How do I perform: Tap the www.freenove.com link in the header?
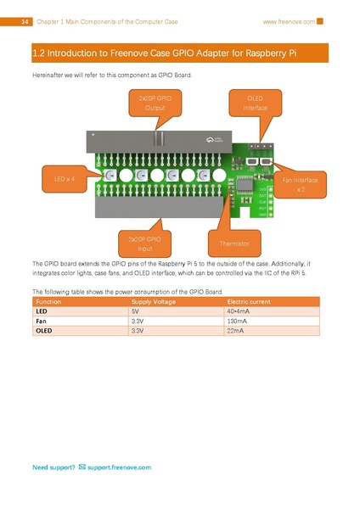tap(289, 20)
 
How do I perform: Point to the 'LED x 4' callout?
tap(65, 180)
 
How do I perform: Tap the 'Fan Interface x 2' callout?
tap(301, 184)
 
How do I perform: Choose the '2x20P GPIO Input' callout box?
tap(144, 243)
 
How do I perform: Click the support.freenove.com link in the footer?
tap(118, 467)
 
